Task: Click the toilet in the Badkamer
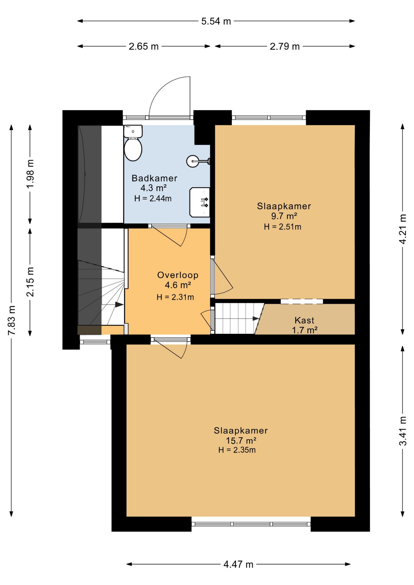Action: (x=133, y=143)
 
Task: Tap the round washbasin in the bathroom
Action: (x=193, y=161)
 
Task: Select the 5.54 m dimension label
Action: (x=216, y=21)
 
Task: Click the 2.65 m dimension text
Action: (x=144, y=46)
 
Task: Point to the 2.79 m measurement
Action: (x=285, y=46)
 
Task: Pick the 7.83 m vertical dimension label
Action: (x=12, y=320)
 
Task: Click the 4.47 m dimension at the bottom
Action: (x=238, y=565)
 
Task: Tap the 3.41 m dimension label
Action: (x=403, y=431)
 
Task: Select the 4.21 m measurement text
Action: (x=403, y=229)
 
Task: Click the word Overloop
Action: (x=178, y=275)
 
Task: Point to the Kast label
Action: (x=304, y=320)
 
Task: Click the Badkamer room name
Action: (x=154, y=178)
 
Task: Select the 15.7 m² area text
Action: (x=241, y=441)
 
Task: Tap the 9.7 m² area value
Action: (x=284, y=216)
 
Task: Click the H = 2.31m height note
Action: (x=175, y=297)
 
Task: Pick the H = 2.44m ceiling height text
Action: (x=153, y=199)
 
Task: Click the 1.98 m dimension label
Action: (x=30, y=174)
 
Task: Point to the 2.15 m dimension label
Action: (x=30, y=282)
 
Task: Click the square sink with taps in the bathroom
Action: (x=200, y=202)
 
